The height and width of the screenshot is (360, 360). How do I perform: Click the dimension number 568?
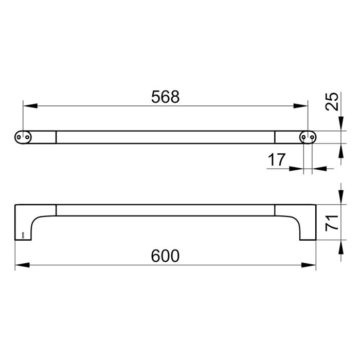point(165,97)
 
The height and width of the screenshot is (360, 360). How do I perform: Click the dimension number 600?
point(165,256)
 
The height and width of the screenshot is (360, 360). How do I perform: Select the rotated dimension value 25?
point(332,102)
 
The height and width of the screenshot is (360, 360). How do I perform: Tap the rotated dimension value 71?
point(332,223)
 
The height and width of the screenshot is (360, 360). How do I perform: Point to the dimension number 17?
point(276,159)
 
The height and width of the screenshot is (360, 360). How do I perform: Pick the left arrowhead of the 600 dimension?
point(22,266)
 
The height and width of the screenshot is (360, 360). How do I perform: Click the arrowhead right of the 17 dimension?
point(319,168)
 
